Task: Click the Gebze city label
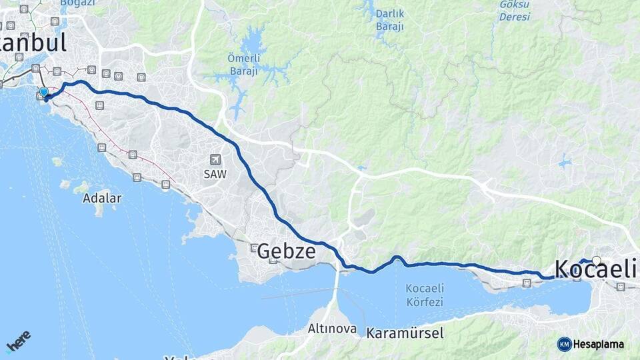tap(286, 251)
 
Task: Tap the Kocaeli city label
tap(595, 269)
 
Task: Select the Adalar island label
tap(102, 198)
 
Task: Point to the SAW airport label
tap(215, 173)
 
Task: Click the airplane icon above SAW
tap(215, 159)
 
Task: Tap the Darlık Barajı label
tap(389, 20)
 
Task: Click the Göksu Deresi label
tap(515, 10)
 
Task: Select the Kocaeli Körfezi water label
tap(424, 295)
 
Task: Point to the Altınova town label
tap(332, 329)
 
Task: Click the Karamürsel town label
tap(405, 332)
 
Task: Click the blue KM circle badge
tap(565, 344)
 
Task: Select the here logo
tap(19, 341)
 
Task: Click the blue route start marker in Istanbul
tap(44, 92)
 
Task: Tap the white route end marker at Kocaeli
tap(596, 261)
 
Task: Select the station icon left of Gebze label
tap(253, 248)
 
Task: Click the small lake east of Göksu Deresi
tap(565, 162)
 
